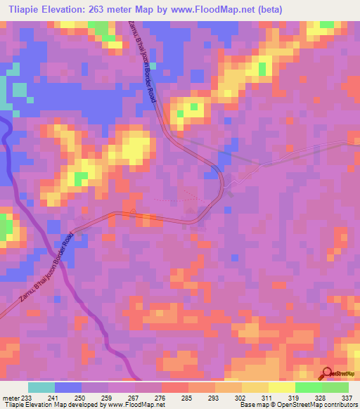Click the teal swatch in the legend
click(41, 387)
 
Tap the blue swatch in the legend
click(68, 387)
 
